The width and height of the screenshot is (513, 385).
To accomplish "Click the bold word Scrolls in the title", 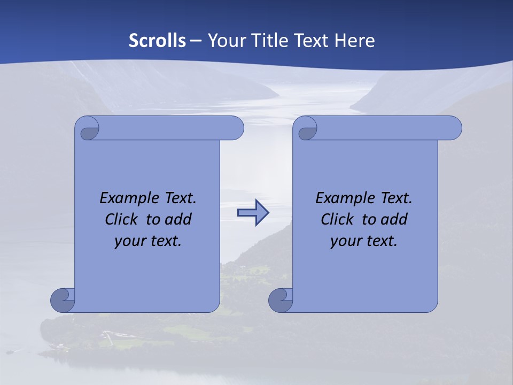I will [x=158, y=41].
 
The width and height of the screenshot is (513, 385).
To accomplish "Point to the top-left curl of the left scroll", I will [x=88, y=129].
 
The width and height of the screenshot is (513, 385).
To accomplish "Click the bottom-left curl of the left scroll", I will [x=63, y=300].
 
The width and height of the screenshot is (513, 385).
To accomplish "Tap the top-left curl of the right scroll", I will [x=306, y=129].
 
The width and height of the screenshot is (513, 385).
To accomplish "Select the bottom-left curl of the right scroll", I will [x=281, y=300].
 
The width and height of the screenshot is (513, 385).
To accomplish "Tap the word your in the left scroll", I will [x=130, y=241].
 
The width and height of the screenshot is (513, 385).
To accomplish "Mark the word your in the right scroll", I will [x=346, y=241].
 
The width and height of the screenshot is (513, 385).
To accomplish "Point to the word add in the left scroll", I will [x=178, y=219].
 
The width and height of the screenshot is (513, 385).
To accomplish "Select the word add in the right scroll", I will [x=394, y=219].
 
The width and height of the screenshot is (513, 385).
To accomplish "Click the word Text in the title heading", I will [x=312, y=41].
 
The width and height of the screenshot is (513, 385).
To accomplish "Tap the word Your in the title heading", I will [x=225, y=41].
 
